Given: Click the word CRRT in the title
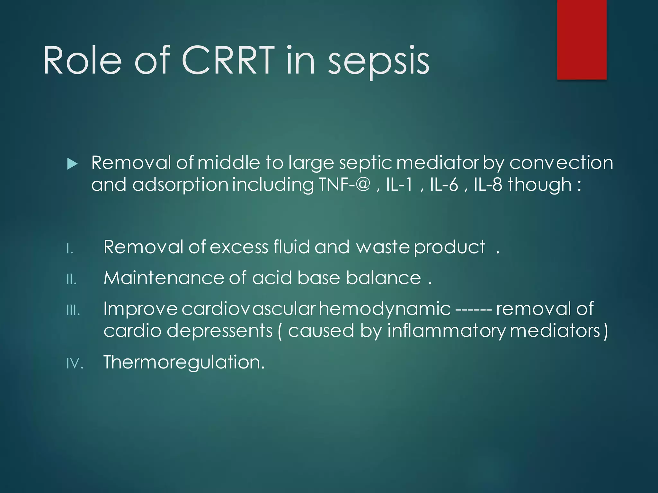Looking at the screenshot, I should (x=228, y=60).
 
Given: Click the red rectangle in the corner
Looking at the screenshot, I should (x=582, y=39).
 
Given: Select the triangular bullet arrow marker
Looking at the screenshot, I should (x=72, y=164).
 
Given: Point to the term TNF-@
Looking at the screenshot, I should (x=344, y=185).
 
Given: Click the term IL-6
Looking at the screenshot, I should (x=444, y=185).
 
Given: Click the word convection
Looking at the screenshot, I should (x=561, y=163).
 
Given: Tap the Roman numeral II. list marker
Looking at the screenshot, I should (x=71, y=280).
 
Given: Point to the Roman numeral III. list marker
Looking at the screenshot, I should (x=73, y=310).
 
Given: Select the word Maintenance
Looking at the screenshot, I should (x=164, y=278).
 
